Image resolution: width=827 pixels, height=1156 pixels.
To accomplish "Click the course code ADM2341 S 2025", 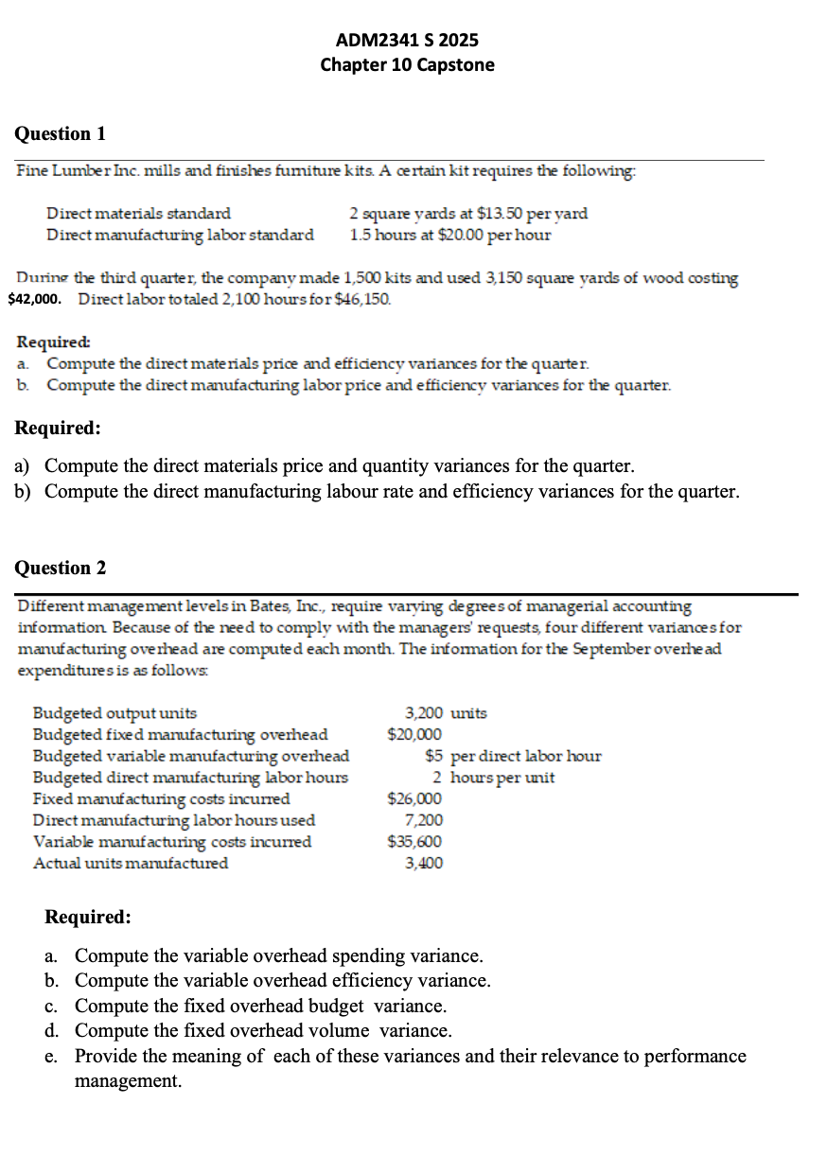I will (407, 40).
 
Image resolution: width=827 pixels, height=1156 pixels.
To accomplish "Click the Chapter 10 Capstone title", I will (407, 64).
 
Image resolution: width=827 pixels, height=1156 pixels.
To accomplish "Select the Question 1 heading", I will (61, 133).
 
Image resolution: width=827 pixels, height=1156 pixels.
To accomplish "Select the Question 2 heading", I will (61, 568).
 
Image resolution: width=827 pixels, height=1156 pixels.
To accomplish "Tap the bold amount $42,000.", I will (36, 299).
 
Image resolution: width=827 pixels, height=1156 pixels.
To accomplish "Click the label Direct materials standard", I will (138, 214).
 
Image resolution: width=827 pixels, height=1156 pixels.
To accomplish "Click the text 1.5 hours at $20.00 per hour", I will (449, 234).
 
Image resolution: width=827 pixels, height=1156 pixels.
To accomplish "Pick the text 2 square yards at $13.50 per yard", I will (468, 214).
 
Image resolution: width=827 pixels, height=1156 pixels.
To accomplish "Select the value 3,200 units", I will (446, 713).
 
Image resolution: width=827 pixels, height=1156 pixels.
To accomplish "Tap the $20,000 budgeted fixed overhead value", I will (414, 734).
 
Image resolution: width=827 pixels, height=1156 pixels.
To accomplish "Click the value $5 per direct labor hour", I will (513, 756).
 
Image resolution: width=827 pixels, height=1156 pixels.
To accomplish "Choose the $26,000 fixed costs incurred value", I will (414, 798).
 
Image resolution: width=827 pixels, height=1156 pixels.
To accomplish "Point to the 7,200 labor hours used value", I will (423, 820).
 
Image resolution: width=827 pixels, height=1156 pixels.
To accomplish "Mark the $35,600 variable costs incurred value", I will (414, 841).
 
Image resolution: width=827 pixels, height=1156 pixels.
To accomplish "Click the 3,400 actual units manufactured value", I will (423, 863).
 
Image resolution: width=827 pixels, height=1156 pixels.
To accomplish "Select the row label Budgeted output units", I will (115, 713).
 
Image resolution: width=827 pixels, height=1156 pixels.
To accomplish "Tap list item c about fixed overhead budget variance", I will (260, 1006).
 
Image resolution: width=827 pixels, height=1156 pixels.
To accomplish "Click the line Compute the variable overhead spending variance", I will (279, 956).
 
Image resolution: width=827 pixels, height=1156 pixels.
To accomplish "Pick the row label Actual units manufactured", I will (131, 863).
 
